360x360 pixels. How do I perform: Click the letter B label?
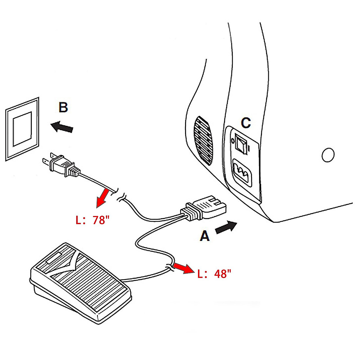[63, 107]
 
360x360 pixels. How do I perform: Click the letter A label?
[205, 236]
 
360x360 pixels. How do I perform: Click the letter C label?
[246, 123]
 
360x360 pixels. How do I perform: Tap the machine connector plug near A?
[204, 208]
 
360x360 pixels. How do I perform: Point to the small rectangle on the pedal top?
[54, 258]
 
